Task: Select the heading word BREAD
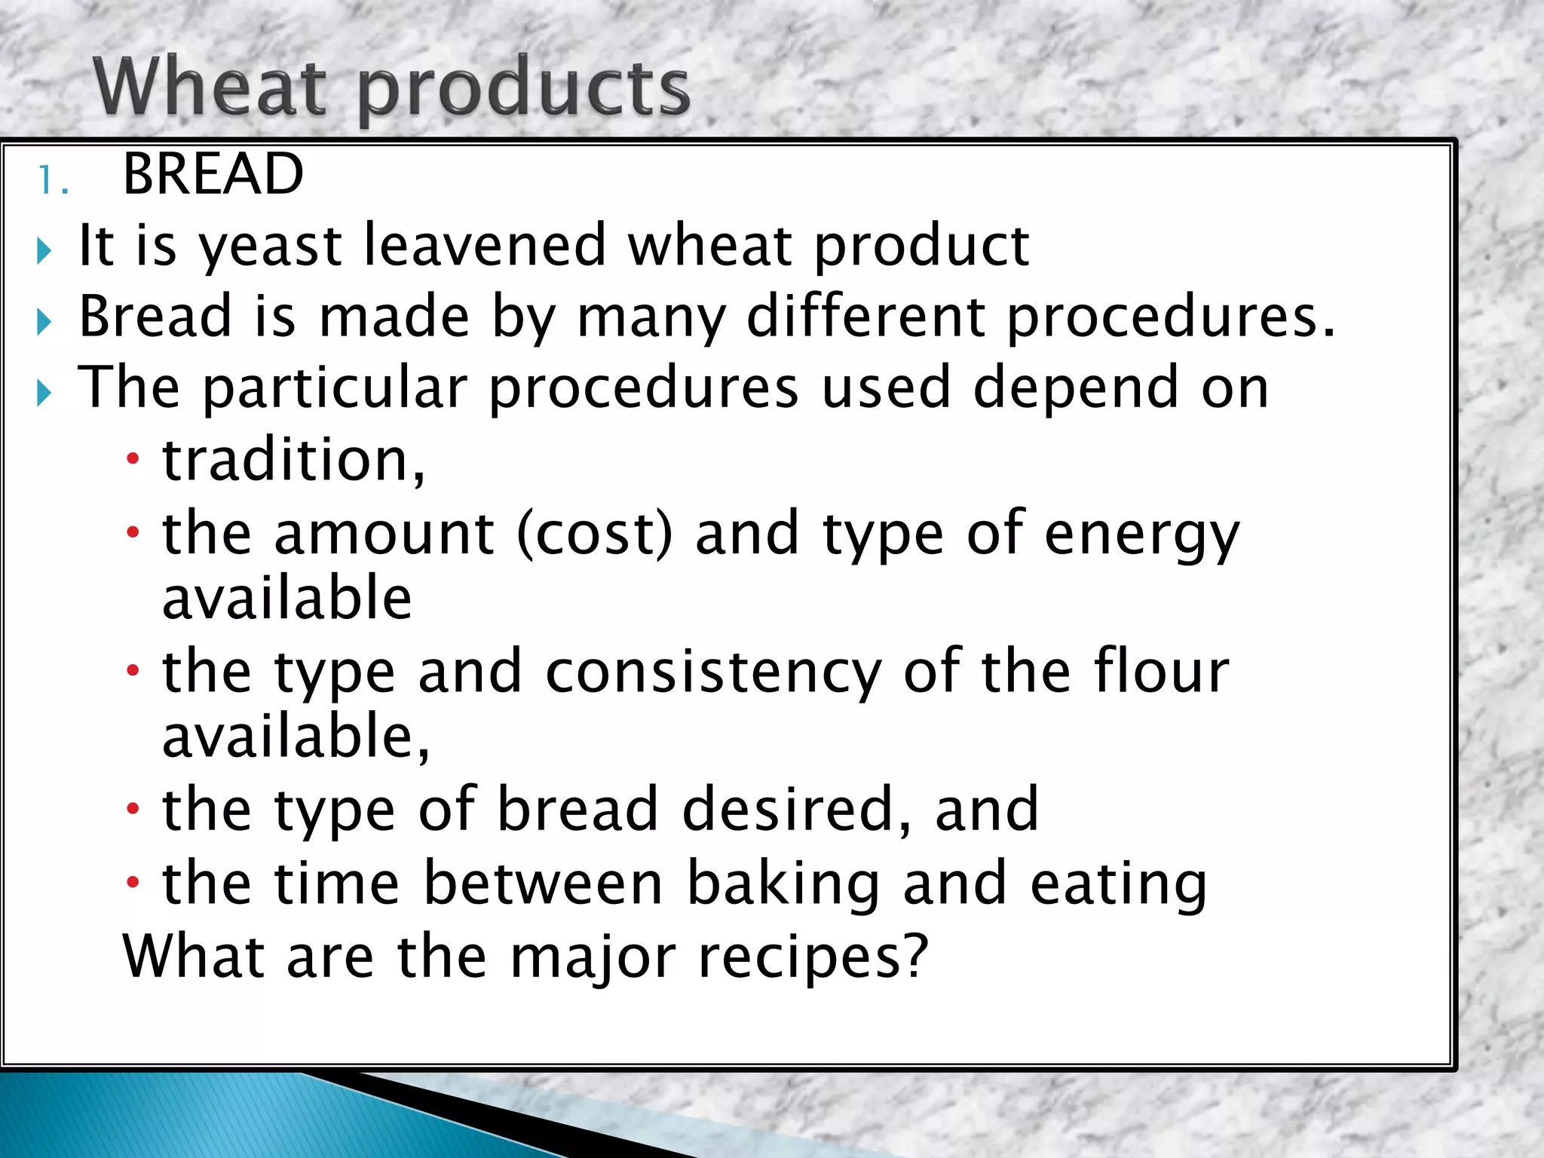pos(213,174)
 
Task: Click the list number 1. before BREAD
pos(53,181)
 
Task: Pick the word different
pos(865,316)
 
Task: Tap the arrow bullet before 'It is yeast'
pos(44,251)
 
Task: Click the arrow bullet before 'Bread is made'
pos(44,322)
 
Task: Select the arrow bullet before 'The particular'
pos(44,393)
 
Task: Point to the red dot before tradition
pos(133,458)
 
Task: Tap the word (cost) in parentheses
pos(595,533)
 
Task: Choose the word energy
pos(1141,536)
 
